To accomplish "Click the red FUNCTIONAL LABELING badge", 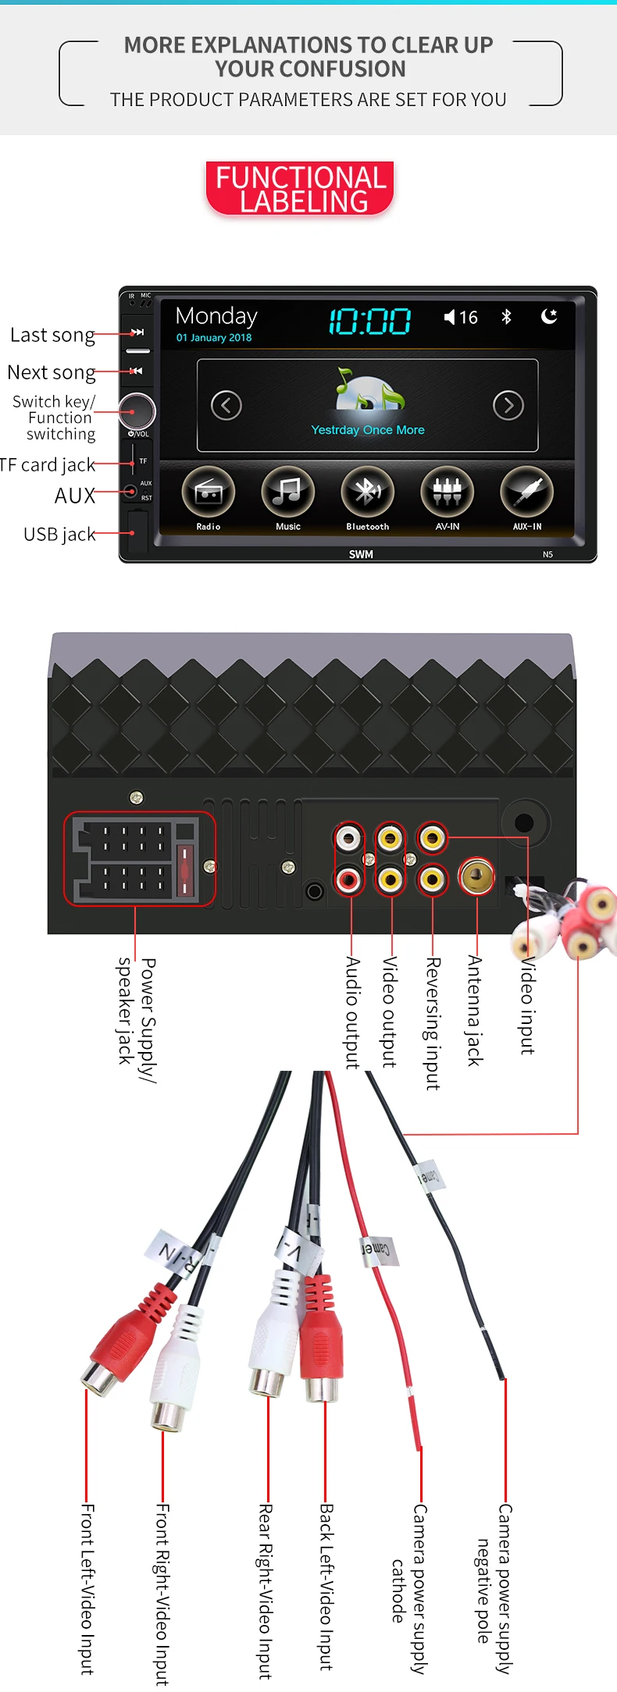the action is click(301, 189).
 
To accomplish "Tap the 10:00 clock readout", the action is click(369, 321).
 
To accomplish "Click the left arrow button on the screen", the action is click(226, 405).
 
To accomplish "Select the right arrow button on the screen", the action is click(508, 405).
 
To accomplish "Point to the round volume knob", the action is click(137, 411).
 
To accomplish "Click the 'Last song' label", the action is click(52, 335).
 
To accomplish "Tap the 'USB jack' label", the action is click(59, 535).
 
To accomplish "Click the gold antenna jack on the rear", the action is click(476, 876).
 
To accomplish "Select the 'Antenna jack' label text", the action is click(475, 1010).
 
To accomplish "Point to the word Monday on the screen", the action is click(216, 316).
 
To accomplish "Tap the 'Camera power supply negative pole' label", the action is click(494, 1588).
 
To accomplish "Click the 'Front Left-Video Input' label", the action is click(87, 1589).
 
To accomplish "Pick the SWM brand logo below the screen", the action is click(361, 554).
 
